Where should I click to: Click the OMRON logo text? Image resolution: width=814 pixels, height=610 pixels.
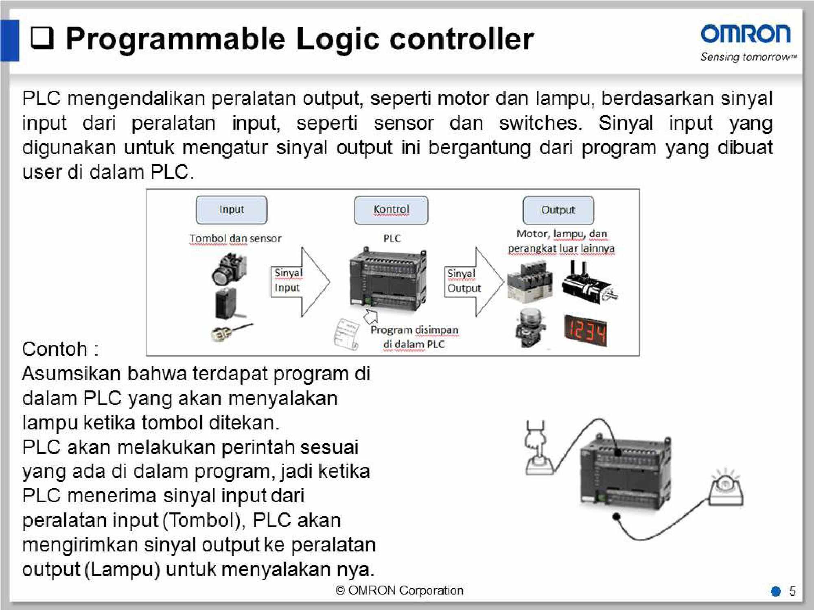(746, 34)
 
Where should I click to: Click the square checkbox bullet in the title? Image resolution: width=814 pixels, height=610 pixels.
(42, 38)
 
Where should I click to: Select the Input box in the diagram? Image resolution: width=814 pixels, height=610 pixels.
(231, 210)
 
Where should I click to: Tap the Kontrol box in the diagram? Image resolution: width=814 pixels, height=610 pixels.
(391, 210)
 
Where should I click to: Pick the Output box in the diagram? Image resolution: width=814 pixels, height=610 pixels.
(558, 210)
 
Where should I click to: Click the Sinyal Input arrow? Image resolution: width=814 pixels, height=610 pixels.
(300, 281)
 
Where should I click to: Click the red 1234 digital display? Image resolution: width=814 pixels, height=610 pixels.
(586, 331)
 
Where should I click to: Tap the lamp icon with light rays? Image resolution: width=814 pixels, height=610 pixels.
(726, 490)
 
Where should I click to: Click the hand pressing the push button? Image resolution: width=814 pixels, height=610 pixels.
(538, 450)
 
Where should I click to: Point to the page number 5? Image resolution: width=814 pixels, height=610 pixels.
(792, 591)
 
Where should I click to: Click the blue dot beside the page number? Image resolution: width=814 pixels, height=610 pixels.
(776, 591)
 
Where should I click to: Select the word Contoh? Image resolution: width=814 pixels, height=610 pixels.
(55, 349)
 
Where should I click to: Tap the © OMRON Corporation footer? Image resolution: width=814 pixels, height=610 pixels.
(399, 590)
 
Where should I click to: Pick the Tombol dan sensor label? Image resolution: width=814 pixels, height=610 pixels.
(235, 238)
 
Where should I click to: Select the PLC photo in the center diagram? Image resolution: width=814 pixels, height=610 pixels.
(387, 280)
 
